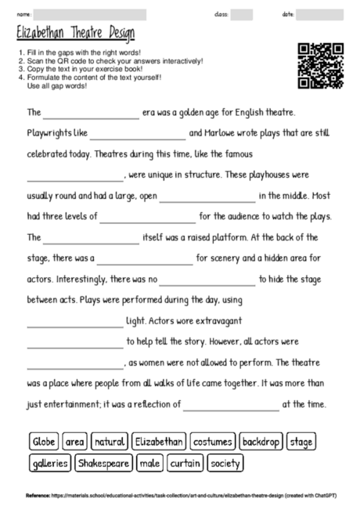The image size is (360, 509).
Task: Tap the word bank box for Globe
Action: click(43, 442)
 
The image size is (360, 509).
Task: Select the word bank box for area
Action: click(75, 442)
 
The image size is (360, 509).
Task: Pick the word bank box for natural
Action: click(110, 442)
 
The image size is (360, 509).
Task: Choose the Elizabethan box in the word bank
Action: click(159, 442)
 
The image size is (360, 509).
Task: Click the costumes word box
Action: click(213, 442)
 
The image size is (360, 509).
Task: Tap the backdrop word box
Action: click(261, 442)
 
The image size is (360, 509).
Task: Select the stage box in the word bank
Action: click(301, 442)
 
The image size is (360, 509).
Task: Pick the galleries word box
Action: click(50, 463)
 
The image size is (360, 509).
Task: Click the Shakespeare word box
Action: click(103, 463)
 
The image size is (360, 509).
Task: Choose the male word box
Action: click(149, 463)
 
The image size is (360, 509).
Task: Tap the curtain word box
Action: click(185, 463)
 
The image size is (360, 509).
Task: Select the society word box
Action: click(226, 463)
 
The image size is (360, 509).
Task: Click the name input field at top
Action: click(90, 14)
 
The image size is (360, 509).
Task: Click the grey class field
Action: click(242, 14)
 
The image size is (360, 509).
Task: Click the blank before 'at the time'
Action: click(230, 405)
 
